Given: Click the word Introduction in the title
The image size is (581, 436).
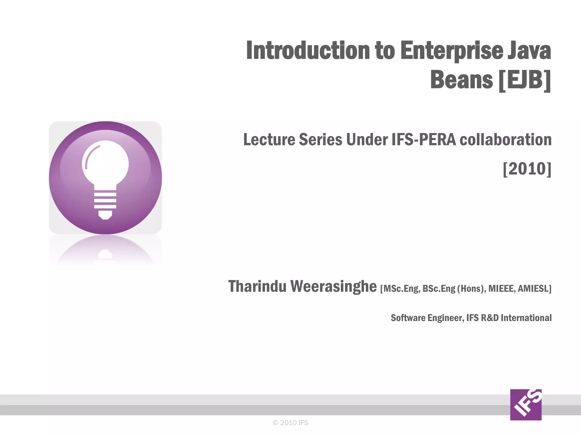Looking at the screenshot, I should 308,51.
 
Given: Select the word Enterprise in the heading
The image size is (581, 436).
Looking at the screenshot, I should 451,51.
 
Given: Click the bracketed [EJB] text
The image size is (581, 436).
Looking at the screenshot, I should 525,80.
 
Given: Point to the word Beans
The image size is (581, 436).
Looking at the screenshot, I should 461,80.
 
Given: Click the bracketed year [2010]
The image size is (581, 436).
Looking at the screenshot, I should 527,169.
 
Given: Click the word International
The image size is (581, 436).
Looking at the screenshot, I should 526,318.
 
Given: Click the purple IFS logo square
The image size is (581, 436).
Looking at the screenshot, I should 526,404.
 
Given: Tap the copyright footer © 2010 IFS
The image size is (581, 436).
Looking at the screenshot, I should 290,423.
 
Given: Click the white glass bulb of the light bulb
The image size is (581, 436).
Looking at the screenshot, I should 105,163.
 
